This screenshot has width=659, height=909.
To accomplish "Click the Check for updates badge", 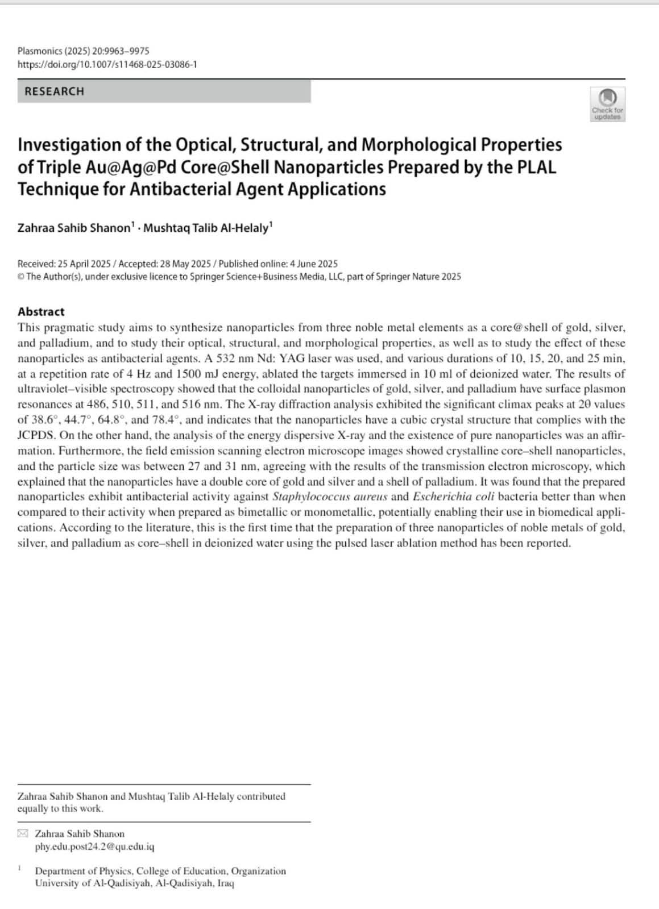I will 607,104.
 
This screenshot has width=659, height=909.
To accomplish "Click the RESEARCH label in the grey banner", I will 54,91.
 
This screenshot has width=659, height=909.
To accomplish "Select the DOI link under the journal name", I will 107,64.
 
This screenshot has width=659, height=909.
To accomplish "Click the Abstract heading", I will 41,311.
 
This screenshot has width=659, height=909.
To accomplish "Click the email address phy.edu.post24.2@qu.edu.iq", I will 94,847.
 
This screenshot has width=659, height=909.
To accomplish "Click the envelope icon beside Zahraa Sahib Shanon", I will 23,833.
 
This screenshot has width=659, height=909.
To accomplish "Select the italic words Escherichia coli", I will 453,497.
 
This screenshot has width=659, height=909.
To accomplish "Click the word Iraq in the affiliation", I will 226,883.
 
